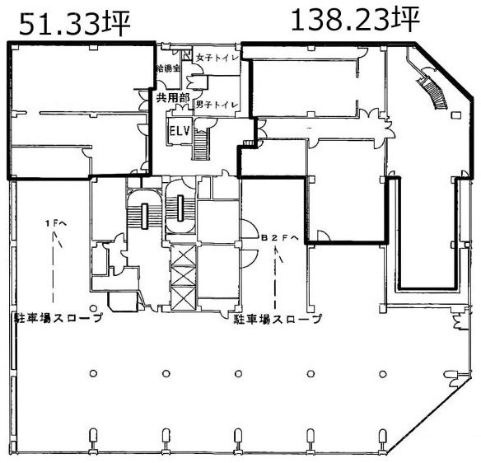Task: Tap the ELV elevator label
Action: coord(179,131)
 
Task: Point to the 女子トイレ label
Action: coord(217,58)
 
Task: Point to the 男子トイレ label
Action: coord(217,105)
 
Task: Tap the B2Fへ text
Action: coord(277,238)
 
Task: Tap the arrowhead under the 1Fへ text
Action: coord(55,240)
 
